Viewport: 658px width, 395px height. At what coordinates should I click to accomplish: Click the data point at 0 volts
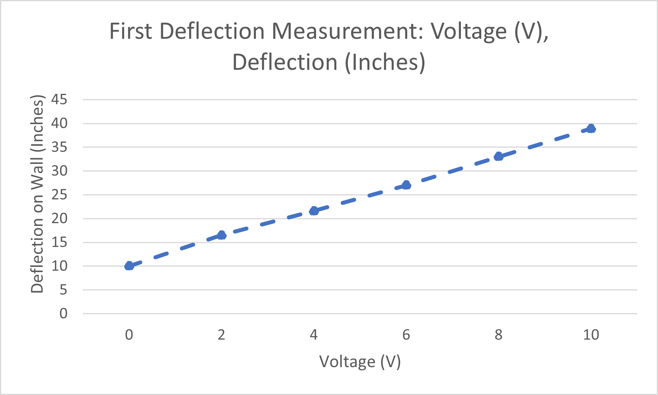click(129, 266)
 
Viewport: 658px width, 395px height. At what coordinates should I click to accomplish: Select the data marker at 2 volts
click(221, 235)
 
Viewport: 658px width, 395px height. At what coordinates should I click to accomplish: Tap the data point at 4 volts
click(314, 211)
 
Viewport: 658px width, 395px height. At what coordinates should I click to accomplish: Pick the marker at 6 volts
click(406, 185)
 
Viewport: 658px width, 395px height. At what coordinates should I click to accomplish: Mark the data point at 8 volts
click(498, 156)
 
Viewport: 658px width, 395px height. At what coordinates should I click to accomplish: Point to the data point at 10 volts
click(591, 128)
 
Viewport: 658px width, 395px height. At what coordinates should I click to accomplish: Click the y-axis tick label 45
click(59, 99)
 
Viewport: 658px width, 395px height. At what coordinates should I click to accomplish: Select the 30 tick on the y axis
click(59, 171)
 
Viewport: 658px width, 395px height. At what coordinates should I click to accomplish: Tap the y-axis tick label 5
click(63, 290)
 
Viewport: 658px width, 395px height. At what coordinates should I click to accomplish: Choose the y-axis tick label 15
click(59, 242)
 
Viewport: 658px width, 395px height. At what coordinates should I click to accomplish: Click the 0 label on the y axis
click(63, 314)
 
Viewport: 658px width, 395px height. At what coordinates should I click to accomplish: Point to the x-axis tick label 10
click(591, 335)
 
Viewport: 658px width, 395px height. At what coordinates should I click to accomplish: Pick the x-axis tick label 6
click(406, 335)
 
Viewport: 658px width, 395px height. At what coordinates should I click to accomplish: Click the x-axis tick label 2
click(221, 335)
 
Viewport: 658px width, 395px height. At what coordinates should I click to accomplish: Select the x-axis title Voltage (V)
click(360, 362)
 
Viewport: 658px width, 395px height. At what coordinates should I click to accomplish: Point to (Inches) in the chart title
click(385, 62)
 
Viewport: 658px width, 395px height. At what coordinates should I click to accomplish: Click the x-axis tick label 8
click(498, 335)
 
